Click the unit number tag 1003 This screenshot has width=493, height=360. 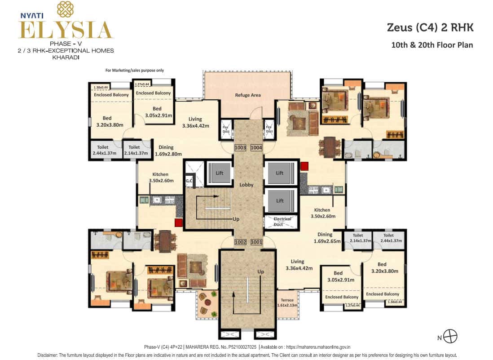240,147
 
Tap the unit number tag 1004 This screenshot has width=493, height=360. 256,147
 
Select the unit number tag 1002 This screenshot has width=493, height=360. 240,242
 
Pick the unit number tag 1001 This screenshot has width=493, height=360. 256,242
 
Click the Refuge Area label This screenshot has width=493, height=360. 247,95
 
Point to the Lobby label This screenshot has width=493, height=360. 246,185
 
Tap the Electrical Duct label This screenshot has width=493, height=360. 282,222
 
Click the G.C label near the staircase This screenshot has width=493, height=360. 189,181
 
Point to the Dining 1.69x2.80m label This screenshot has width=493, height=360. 166,150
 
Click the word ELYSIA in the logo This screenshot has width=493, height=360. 65,30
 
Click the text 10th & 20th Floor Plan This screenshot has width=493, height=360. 432,45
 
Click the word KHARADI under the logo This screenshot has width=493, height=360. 66,57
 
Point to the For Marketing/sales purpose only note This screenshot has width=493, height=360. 134,71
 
